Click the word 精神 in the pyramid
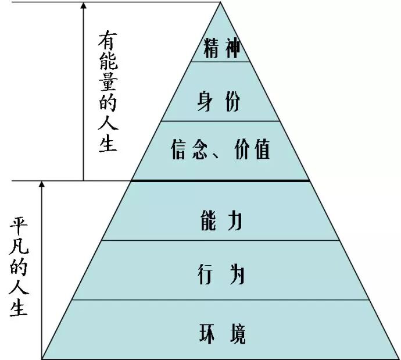click(x=221, y=48)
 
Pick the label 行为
click(x=221, y=274)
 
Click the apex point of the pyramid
click(x=221, y=2)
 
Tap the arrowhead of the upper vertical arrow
click(x=84, y=6)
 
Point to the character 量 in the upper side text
click(x=108, y=81)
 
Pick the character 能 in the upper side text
click(x=108, y=60)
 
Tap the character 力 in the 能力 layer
click(x=235, y=222)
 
